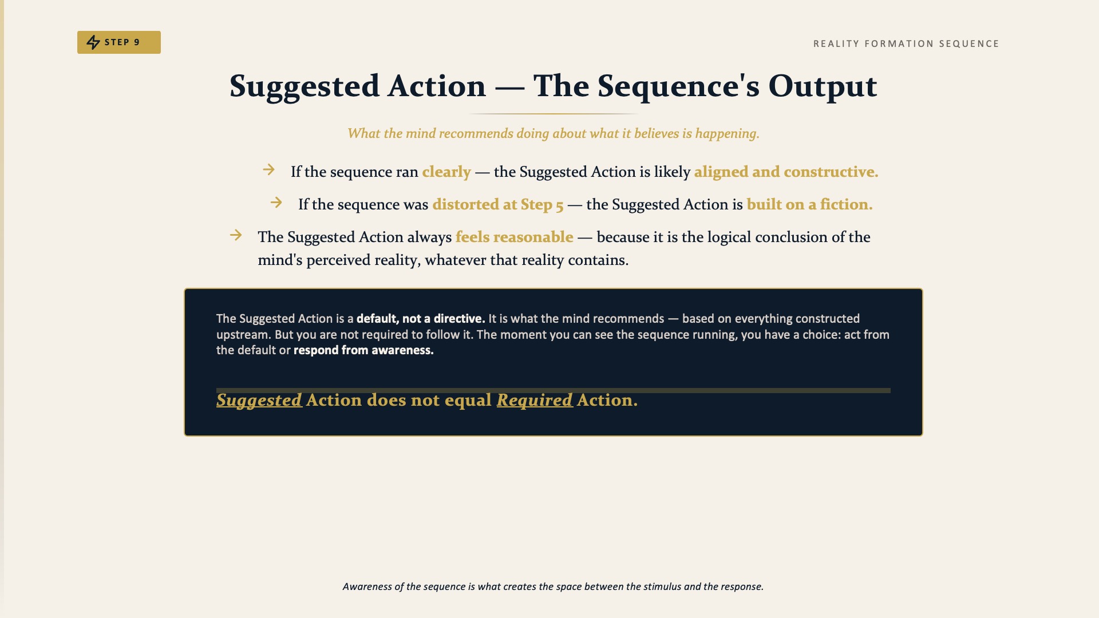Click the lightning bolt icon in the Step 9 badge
pyautogui.click(x=93, y=42)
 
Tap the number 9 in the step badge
pyautogui.click(x=137, y=42)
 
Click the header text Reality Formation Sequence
pyautogui.click(x=906, y=44)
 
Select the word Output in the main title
pyautogui.click(x=823, y=86)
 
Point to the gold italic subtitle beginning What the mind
pyautogui.click(x=554, y=133)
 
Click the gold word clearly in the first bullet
pyautogui.click(x=446, y=172)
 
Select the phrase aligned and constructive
pyautogui.click(x=786, y=172)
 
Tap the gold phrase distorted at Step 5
pyautogui.click(x=498, y=204)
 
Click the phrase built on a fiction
pyautogui.click(x=809, y=204)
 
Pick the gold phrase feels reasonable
pyautogui.click(x=514, y=237)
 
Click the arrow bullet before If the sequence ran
pyautogui.click(x=269, y=170)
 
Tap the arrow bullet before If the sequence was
pyautogui.click(x=276, y=203)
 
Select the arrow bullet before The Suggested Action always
pyautogui.click(x=236, y=235)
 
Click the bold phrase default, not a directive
pyautogui.click(x=421, y=319)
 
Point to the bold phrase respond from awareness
pyautogui.click(x=363, y=350)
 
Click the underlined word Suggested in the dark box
pyautogui.click(x=259, y=400)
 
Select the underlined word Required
pyautogui.click(x=535, y=400)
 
